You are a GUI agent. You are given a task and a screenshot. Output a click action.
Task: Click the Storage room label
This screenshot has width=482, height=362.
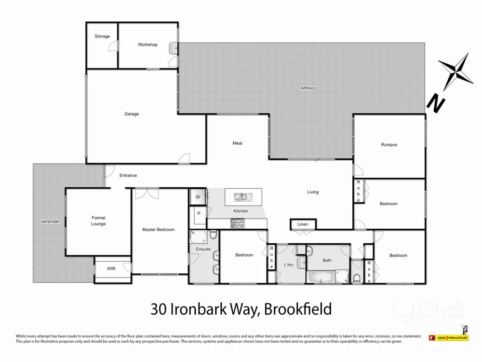102,36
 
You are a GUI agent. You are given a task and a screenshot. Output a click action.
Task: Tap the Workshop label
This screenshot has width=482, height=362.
147,44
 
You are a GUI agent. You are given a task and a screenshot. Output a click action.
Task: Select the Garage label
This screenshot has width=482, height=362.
132,114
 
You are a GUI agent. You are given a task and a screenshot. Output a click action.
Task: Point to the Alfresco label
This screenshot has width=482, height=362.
308,88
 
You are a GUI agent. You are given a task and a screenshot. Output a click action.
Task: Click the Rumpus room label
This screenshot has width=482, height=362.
389,144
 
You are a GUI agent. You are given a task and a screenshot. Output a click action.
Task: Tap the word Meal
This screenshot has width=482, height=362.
237,143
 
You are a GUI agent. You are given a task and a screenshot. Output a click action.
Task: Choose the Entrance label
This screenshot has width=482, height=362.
128,175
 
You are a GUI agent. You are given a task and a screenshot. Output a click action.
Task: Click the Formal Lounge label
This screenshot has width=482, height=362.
98,221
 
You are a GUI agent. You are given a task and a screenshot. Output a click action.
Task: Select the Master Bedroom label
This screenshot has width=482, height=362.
158,229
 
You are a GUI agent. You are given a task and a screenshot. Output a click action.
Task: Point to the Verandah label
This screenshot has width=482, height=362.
50,222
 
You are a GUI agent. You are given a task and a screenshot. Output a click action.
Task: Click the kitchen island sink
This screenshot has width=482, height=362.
241,196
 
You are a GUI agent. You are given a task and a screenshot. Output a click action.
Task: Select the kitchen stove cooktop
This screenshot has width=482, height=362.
238,223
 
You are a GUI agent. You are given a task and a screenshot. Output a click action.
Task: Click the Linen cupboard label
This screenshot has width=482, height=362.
303,224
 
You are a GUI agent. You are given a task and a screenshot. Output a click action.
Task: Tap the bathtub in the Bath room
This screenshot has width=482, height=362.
321,278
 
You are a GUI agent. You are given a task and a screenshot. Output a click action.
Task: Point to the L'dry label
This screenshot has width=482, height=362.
289,265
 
